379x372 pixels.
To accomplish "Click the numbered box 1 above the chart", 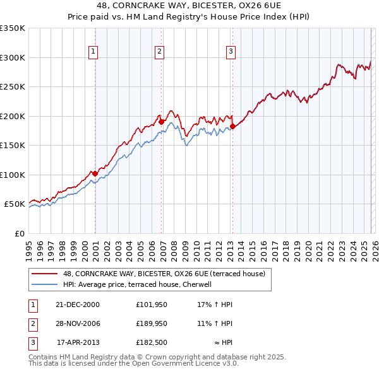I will pyautogui.click(x=93, y=52).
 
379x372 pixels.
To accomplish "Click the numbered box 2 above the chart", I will pyautogui.click(x=160, y=52).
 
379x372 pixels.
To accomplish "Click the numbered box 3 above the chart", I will pyautogui.click(x=231, y=52).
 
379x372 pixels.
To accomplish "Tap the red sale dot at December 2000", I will pyautogui.click(x=95, y=173).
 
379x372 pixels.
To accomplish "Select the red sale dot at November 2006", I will pyautogui.click(x=162, y=122).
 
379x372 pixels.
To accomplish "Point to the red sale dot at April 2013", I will pyautogui.click(x=232, y=126).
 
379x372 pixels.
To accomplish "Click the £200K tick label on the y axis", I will pyautogui.click(x=13, y=116).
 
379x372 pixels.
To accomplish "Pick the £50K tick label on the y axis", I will pyautogui.click(x=15, y=204).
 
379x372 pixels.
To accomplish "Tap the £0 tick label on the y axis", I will pyautogui.click(x=19, y=233).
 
